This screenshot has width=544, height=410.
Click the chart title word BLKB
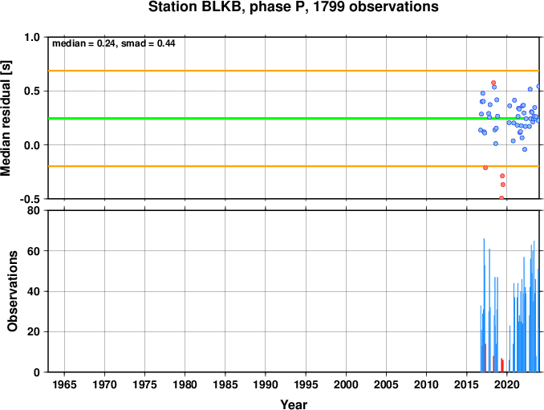pos(221,6)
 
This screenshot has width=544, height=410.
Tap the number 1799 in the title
pos(328,6)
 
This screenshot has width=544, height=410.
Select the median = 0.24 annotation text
pos(83,43)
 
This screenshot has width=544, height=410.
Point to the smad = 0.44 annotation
pos(148,43)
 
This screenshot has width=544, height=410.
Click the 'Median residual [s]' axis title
pos(6,118)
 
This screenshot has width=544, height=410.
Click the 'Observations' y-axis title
pos(13,291)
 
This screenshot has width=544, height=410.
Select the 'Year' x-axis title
pos(294,404)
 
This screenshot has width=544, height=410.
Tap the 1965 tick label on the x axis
pos(64,384)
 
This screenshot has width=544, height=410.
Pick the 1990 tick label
pos(266,384)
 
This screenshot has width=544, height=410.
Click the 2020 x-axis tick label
pos(507,384)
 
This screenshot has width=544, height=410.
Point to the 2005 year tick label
pos(386,384)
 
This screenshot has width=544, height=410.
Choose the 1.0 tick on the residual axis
pos(32,37)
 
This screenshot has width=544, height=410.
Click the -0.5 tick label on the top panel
pos(30,199)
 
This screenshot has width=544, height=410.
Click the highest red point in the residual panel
pos(493,83)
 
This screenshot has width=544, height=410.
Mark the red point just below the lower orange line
pos(485,168)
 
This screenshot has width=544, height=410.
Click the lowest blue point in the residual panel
pos(525,149)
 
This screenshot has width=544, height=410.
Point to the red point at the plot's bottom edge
pos(501,197)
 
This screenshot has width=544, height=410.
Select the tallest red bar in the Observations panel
pos(485,358)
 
